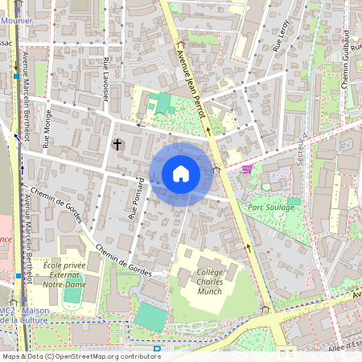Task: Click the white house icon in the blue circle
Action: (x=181, y=174)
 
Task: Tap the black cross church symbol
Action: (x=117, y=145)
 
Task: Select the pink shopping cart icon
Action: (x=247, y=168)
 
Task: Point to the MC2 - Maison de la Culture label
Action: (x=24, y=315)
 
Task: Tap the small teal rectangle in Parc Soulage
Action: (x=294, y=201)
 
